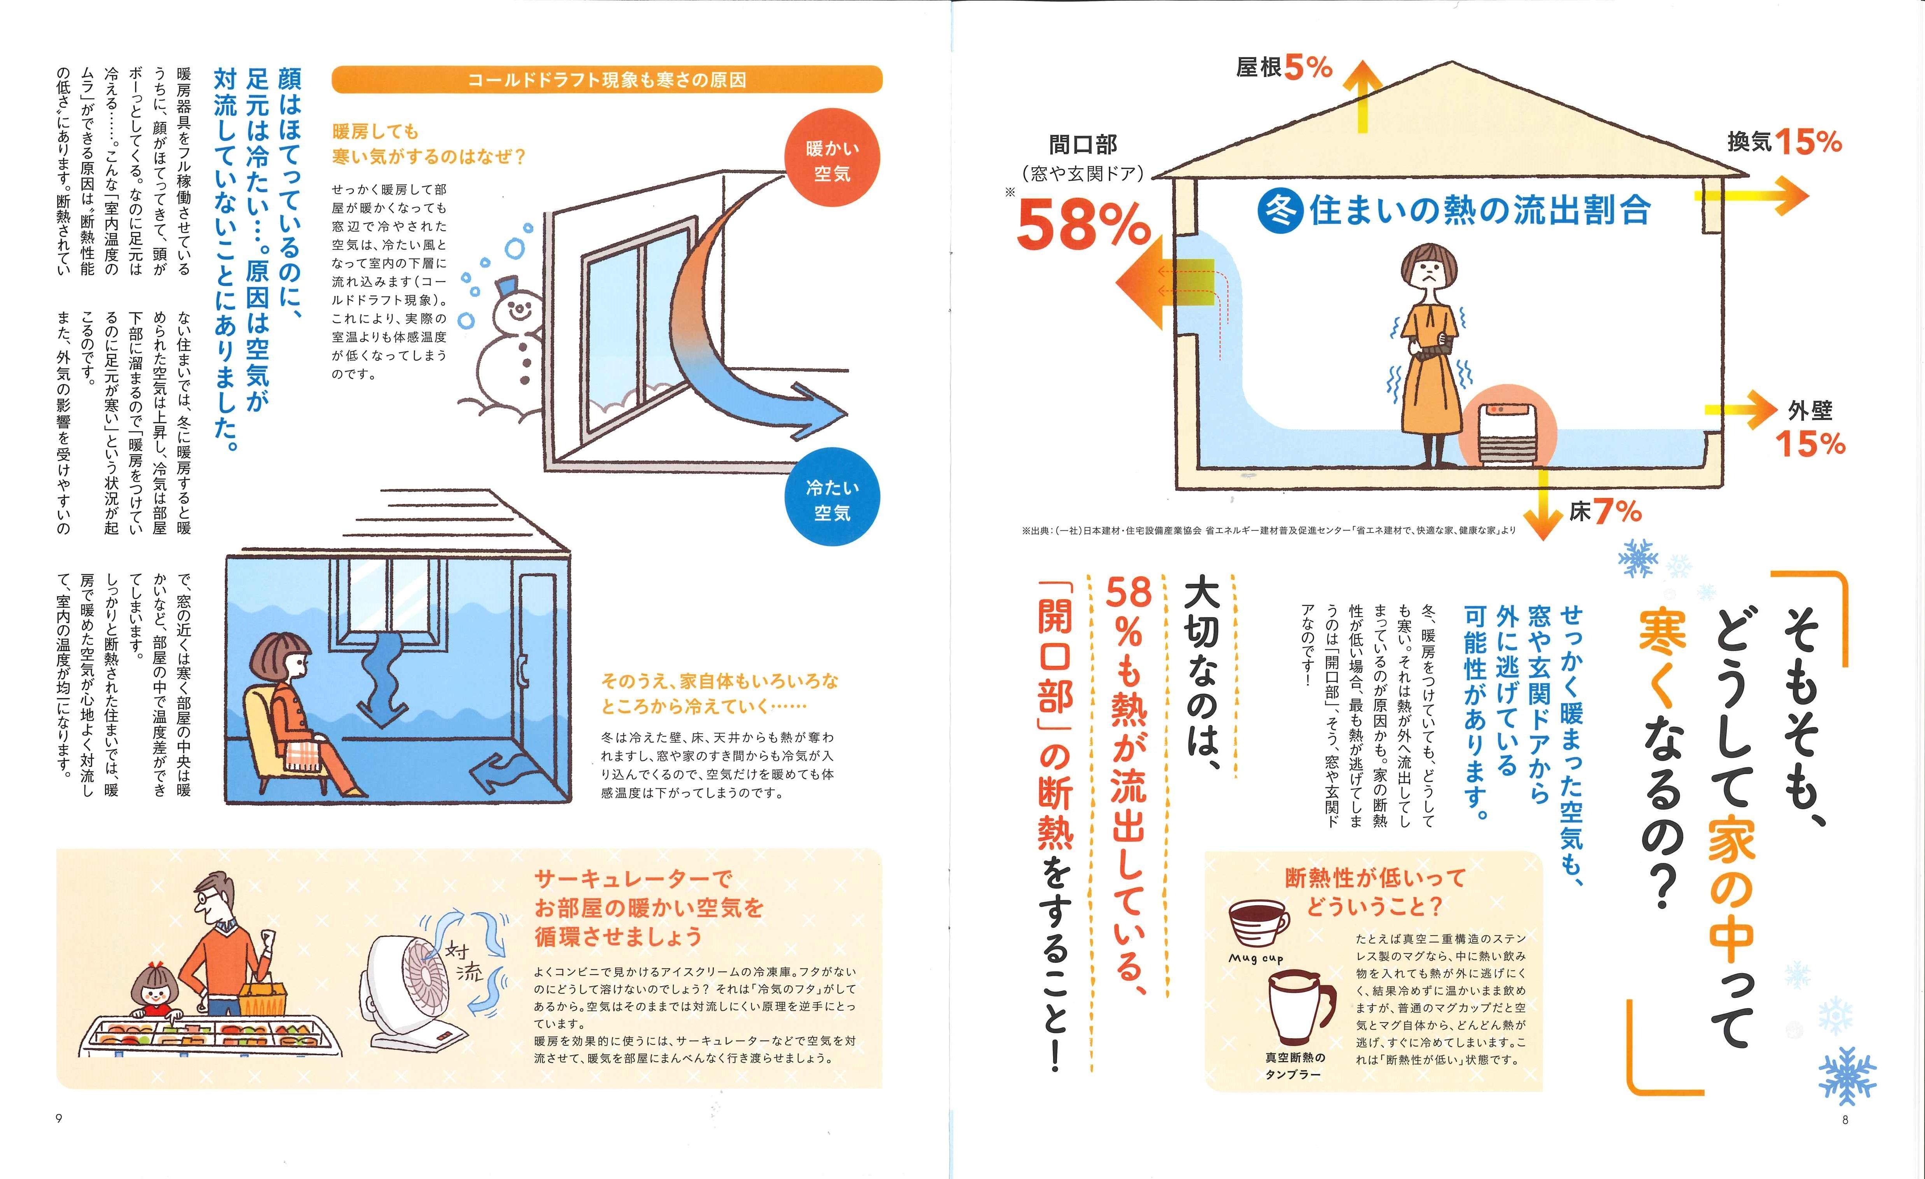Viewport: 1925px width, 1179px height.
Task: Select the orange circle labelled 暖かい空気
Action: click(x=832, y=159)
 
